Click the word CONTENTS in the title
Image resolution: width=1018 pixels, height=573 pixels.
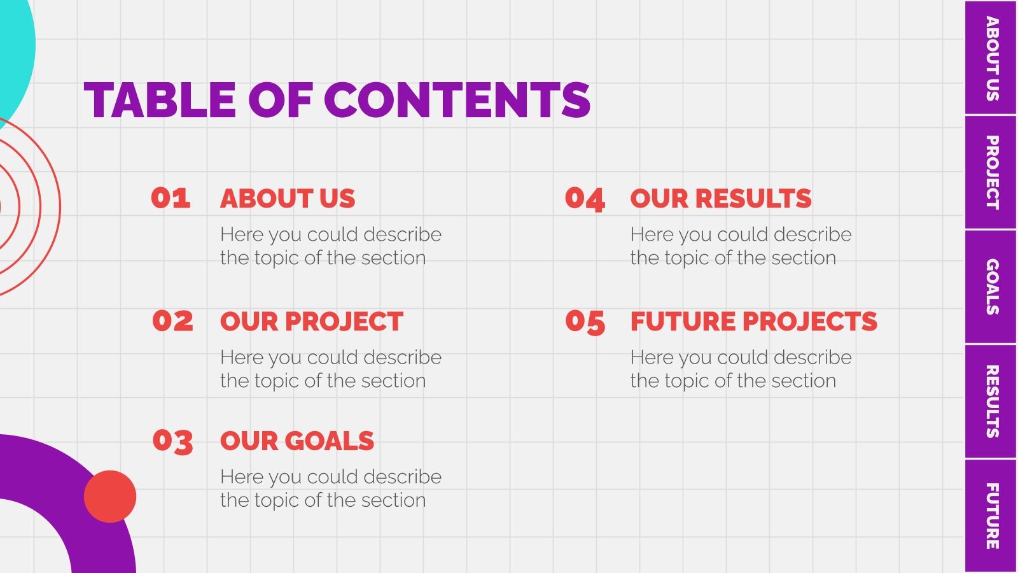[457, 101]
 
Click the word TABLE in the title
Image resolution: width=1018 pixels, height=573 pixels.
[160, 101]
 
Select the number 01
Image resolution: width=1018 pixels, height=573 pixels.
[171, 198]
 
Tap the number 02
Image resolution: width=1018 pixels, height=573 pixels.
[172, 321]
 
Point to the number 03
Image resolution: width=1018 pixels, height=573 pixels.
[172, 441]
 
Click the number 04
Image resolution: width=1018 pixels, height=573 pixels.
[585, 199]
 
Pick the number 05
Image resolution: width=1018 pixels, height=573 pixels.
[585, 322]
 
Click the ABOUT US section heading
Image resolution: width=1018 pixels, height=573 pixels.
[288, 199]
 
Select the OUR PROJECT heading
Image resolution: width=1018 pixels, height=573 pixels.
[312, 322]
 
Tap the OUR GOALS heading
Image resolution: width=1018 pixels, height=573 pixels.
[297, 441]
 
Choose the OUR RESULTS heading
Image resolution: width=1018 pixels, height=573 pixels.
[721, 199]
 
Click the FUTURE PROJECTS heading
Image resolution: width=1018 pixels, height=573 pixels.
[754, 322]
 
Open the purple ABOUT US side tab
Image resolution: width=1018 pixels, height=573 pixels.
[991, 58]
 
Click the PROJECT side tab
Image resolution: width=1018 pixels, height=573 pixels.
[991, 173]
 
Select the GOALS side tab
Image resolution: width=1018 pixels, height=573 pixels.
[991, 286]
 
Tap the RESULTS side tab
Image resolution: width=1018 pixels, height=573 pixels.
[991, 401]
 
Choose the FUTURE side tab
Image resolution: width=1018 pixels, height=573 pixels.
[991, 516]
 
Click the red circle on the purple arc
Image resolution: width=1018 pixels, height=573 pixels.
[110, 497]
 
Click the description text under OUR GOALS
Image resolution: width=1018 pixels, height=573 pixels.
[330, 488]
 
